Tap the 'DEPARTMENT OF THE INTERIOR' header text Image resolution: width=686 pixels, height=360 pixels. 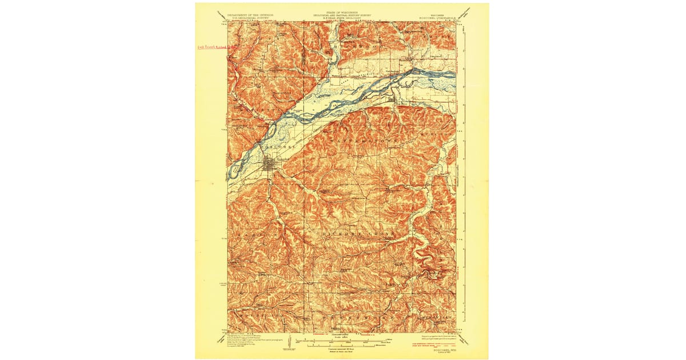pos(251,13)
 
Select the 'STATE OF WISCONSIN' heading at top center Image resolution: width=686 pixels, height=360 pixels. pos(342,11)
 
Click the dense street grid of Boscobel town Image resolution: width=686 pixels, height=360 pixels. pos(269,166)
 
